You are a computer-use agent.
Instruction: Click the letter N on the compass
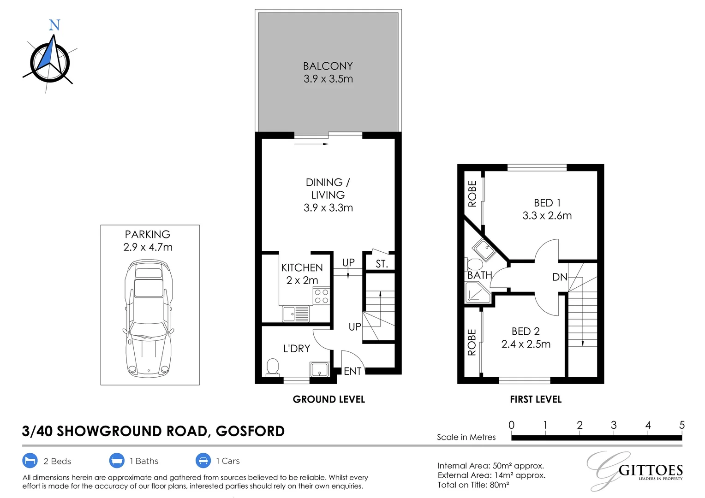point(54,25)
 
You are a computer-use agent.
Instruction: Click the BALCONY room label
point(328,66)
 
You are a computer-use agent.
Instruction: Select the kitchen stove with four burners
point(321,296)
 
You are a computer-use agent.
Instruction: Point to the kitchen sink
point(296,314)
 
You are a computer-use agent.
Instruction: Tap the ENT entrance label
point(352,372)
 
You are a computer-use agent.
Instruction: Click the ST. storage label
point(382,264)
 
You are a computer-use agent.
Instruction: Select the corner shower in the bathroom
point(478,292)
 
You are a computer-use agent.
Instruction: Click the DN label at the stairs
point(560,277)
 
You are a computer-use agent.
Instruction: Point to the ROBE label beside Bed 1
point(472,194)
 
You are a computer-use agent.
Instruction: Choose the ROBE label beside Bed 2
point(472,342)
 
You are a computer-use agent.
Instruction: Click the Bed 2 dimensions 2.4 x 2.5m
point(526,344)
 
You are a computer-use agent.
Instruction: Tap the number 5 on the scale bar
point(682,425)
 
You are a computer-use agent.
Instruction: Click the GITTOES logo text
point(651,471)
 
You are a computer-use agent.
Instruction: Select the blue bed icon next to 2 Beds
point(30,461)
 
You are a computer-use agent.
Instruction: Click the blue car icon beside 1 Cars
point(203,461)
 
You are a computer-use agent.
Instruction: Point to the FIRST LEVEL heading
point(536,399)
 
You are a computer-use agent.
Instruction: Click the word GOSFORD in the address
point(250,431)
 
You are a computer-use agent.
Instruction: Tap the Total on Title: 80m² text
point(473,485)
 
